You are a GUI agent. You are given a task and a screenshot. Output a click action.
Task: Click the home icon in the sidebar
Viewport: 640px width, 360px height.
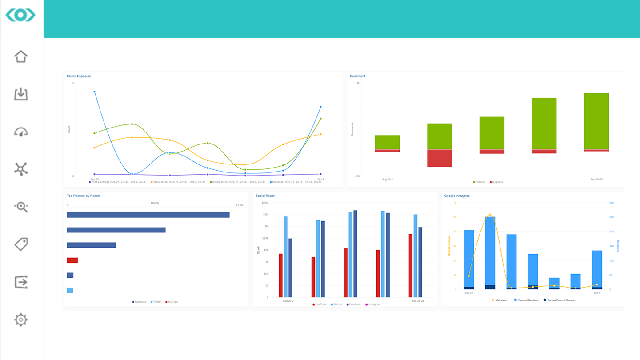tap(21, 56)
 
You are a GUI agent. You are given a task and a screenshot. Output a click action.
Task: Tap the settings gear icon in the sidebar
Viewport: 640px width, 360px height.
tap(21, 320)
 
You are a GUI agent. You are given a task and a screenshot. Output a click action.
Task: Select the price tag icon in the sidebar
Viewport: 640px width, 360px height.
tap(21, 244)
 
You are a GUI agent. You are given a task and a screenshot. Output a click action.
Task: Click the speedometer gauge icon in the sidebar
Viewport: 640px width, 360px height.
tap(21, 132)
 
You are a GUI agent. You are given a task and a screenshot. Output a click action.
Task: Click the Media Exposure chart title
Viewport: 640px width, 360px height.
tap(79, 76)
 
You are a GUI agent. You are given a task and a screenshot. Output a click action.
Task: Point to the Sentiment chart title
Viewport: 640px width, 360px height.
tap(357, 76)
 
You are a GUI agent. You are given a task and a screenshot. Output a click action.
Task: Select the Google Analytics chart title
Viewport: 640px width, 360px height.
tap(457, 196)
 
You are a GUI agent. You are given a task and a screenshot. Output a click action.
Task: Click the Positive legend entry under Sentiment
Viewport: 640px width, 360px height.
tap(480, 182)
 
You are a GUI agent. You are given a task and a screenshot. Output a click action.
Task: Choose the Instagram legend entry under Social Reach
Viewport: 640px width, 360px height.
tap(374, 304)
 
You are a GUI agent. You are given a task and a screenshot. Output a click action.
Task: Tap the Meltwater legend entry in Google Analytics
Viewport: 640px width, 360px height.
tap(500, 300)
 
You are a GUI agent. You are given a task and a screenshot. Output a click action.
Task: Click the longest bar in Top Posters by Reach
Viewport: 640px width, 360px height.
tap(148, 215)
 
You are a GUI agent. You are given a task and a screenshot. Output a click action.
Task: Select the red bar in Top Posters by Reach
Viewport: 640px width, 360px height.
tap(72, 260)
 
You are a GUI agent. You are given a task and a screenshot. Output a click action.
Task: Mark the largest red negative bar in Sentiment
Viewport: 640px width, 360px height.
tap(440, 158)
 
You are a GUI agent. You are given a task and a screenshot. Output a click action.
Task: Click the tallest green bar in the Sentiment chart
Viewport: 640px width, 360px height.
tap(596, 121)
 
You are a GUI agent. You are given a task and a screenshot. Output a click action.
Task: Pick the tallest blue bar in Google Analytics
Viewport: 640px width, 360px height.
tap(490, 251)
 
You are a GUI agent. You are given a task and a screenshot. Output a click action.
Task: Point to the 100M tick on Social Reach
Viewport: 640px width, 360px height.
tap(265, 203)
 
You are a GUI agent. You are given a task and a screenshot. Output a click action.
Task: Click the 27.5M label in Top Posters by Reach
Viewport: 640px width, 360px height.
tap(239, 206)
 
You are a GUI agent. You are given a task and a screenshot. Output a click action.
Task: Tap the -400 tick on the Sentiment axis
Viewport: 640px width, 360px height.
tap(356, 176)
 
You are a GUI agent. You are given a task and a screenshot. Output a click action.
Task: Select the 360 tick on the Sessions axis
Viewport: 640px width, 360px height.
tap(612, 203)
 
